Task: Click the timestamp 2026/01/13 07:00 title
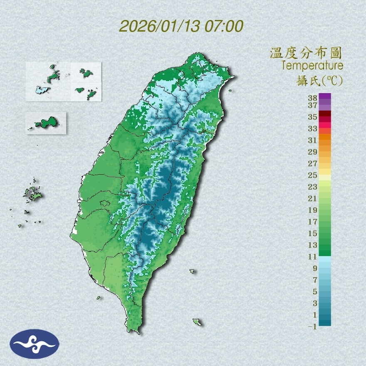(x=181, y=26)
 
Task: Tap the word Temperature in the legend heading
(x=312, y=66)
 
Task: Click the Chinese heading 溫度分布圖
(x=306, y=53)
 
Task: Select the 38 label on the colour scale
(x=313, y=98)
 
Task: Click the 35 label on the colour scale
(x=313, y=117)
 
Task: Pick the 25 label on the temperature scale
(x=313, y=175)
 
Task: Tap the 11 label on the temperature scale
(x=313, y=257)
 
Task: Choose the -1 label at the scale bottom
(x=312, y=326)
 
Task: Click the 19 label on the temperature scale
(x=313, y=210)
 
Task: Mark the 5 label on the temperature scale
(x=315, y=292)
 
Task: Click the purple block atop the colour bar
(x=325, y=96)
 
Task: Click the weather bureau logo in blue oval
(x=35, y=344)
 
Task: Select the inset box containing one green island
(x=46, y=123)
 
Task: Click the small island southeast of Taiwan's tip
(x=197, y=322)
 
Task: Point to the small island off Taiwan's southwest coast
(x=99, y=297)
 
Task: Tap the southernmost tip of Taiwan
(x=134, y=331)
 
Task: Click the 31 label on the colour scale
(x=313, y=140)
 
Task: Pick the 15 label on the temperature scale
(x=313, y=233)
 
